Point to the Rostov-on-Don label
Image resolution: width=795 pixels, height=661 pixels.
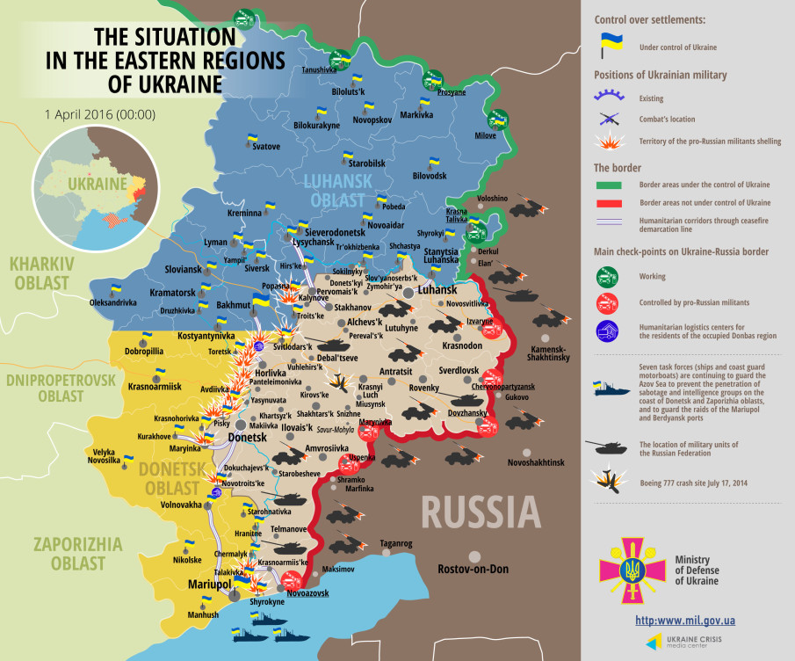coord(473,569)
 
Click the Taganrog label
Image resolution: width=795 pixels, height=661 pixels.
coord(395,543)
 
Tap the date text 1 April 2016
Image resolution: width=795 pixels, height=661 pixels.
coord(100,114)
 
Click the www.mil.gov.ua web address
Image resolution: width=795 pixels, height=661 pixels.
coord(684,621)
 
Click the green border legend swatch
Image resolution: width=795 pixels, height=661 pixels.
coord(609,185)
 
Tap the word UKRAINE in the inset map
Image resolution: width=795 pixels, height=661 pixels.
coord(98,184)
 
